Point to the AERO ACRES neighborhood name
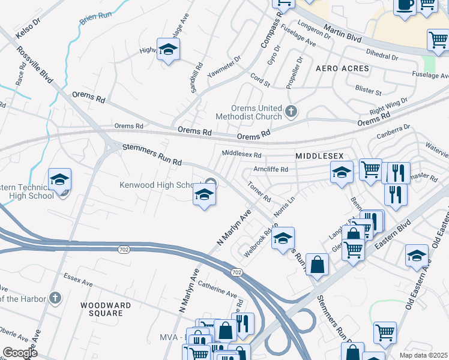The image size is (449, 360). [x=342, y=69]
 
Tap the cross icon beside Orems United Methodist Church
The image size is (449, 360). [x=291, y=111]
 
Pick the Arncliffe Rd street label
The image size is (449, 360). [x=270, y=170]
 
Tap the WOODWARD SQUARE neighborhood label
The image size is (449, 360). [x=106, y=310]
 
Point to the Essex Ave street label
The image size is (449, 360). [x=78, y=279]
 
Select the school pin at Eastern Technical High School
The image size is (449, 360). [x=60, y=181]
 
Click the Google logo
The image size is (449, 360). [x=20, y=353]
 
